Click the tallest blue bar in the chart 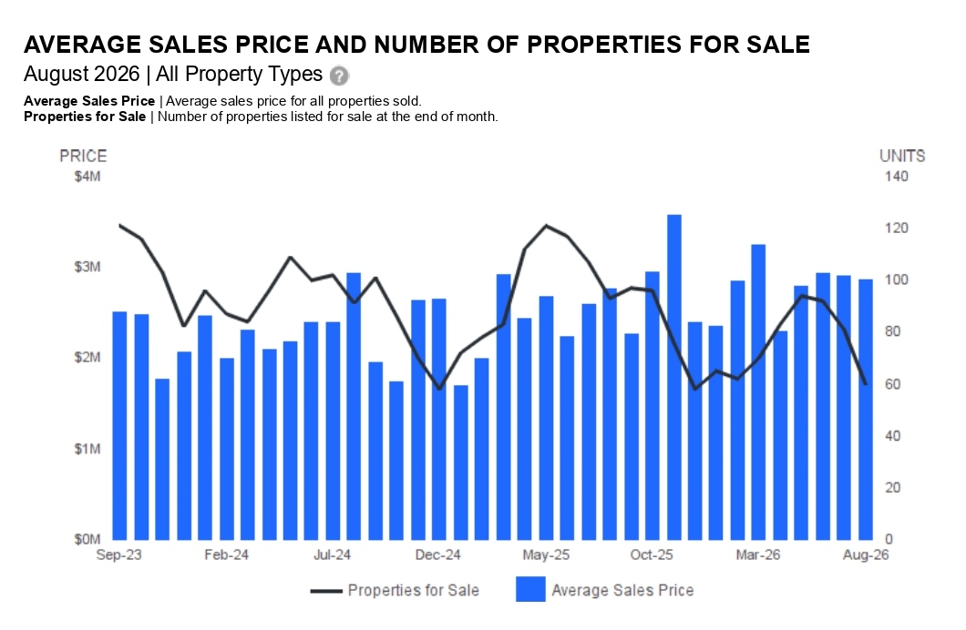pyautogui.click(x=674, y=377)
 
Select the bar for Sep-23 pyautogui.click(x=119, y=426)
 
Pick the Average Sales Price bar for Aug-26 pyautogui.click(x=866, y=410)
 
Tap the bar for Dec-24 pyautogui.click(x=438, y=420)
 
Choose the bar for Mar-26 pyautogui.click(x=758, y=392)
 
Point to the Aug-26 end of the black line pyautogui.click(x=866, y=384)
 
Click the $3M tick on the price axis pyautogui.click(x=87, y=267)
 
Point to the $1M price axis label pyautogui.click(x=87, y=449)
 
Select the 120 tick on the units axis pyautogui.click(x=897, y=229)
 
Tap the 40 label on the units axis pyautogui.click(x=893, y=435)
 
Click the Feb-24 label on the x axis pyautogui.click(x=227, y=555)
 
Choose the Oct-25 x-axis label pyautogui.click(x=652, y=555)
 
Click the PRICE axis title pyautogui.click(x=83, y=157)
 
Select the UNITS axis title pyautogui.click(x=902, y=157)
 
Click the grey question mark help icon pyautogui.click(x=339, y=76)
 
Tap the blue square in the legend pyautogui.click(x=530, y=589)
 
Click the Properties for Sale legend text pyautogui.click(x=414, y=591)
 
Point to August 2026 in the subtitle pyautogui.click(x=82, y=75)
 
